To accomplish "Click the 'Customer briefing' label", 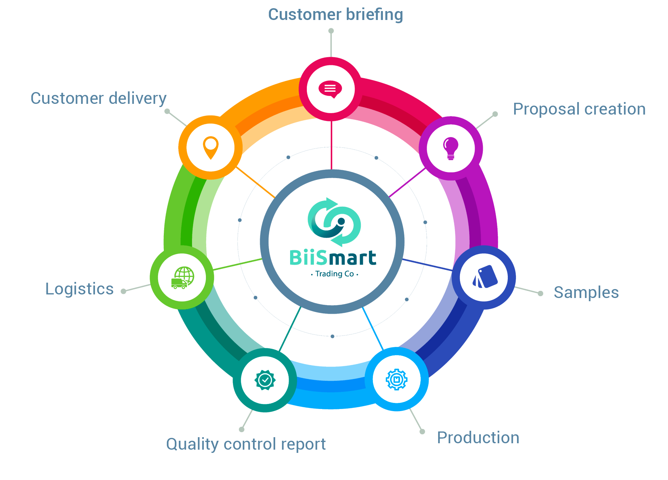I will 335,15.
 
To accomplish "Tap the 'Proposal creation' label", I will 580,109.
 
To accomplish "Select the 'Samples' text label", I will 587,293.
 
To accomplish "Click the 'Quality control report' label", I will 247,445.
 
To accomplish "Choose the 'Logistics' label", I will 80,289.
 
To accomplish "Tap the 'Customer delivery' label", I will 99,99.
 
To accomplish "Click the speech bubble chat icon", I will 330,89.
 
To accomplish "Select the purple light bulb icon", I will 450,148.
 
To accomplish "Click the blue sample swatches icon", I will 484,277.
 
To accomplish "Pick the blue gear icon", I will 396,379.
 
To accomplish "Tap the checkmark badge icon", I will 265,380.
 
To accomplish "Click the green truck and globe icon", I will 183,278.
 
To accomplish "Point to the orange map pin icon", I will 211,147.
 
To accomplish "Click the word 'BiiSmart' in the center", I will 333,258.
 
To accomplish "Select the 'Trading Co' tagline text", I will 334,274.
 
